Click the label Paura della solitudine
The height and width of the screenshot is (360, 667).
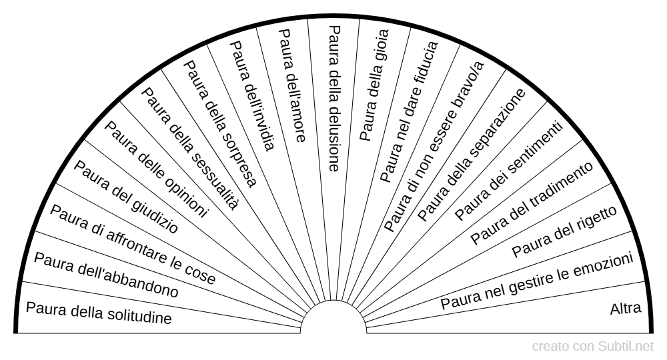point(98,313)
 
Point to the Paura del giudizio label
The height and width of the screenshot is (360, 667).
point(125,197)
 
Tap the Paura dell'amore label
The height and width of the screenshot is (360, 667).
point(291,85)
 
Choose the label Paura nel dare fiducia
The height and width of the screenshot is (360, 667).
point(409,111)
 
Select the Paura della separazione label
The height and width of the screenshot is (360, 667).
point(472,155)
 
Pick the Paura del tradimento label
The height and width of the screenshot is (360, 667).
point(531,202)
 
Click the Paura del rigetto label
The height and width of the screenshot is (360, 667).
point(564,232)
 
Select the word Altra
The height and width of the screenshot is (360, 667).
point(626,309)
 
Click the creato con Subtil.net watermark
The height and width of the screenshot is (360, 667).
point(593,347)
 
